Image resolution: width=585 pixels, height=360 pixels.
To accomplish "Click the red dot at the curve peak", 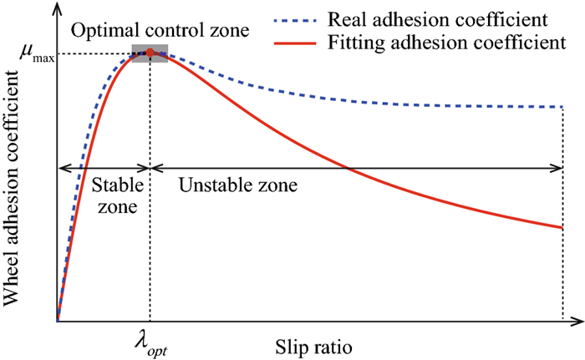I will pos(150,53).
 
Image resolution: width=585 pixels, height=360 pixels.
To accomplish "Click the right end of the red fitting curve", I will pos(561,227).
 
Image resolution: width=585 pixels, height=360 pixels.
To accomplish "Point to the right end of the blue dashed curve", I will pos(561,107).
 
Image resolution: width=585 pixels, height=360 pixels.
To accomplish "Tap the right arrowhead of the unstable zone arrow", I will pos(558,167).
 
